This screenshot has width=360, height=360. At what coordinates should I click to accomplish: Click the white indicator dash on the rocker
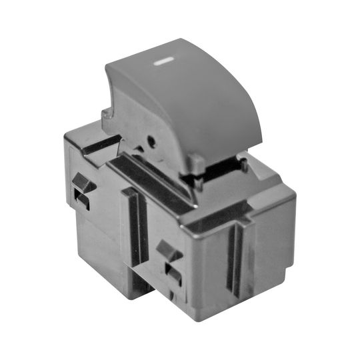click(163, 65)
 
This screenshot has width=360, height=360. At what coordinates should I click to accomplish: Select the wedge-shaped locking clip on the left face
click(83, 181)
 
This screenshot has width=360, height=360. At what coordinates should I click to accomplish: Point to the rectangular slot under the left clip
click(83, 201)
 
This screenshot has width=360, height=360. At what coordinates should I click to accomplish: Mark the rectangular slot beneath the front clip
click(172, 273)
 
